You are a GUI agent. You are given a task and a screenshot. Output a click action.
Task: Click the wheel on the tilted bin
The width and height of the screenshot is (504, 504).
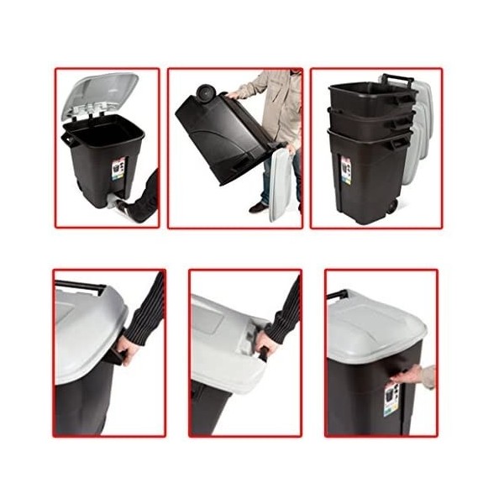coord(203,92)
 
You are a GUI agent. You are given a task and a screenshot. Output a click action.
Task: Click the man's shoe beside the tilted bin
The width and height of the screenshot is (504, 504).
coord(260,207)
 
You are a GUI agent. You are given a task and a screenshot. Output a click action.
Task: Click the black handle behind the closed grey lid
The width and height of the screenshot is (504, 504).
coord(337,295)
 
